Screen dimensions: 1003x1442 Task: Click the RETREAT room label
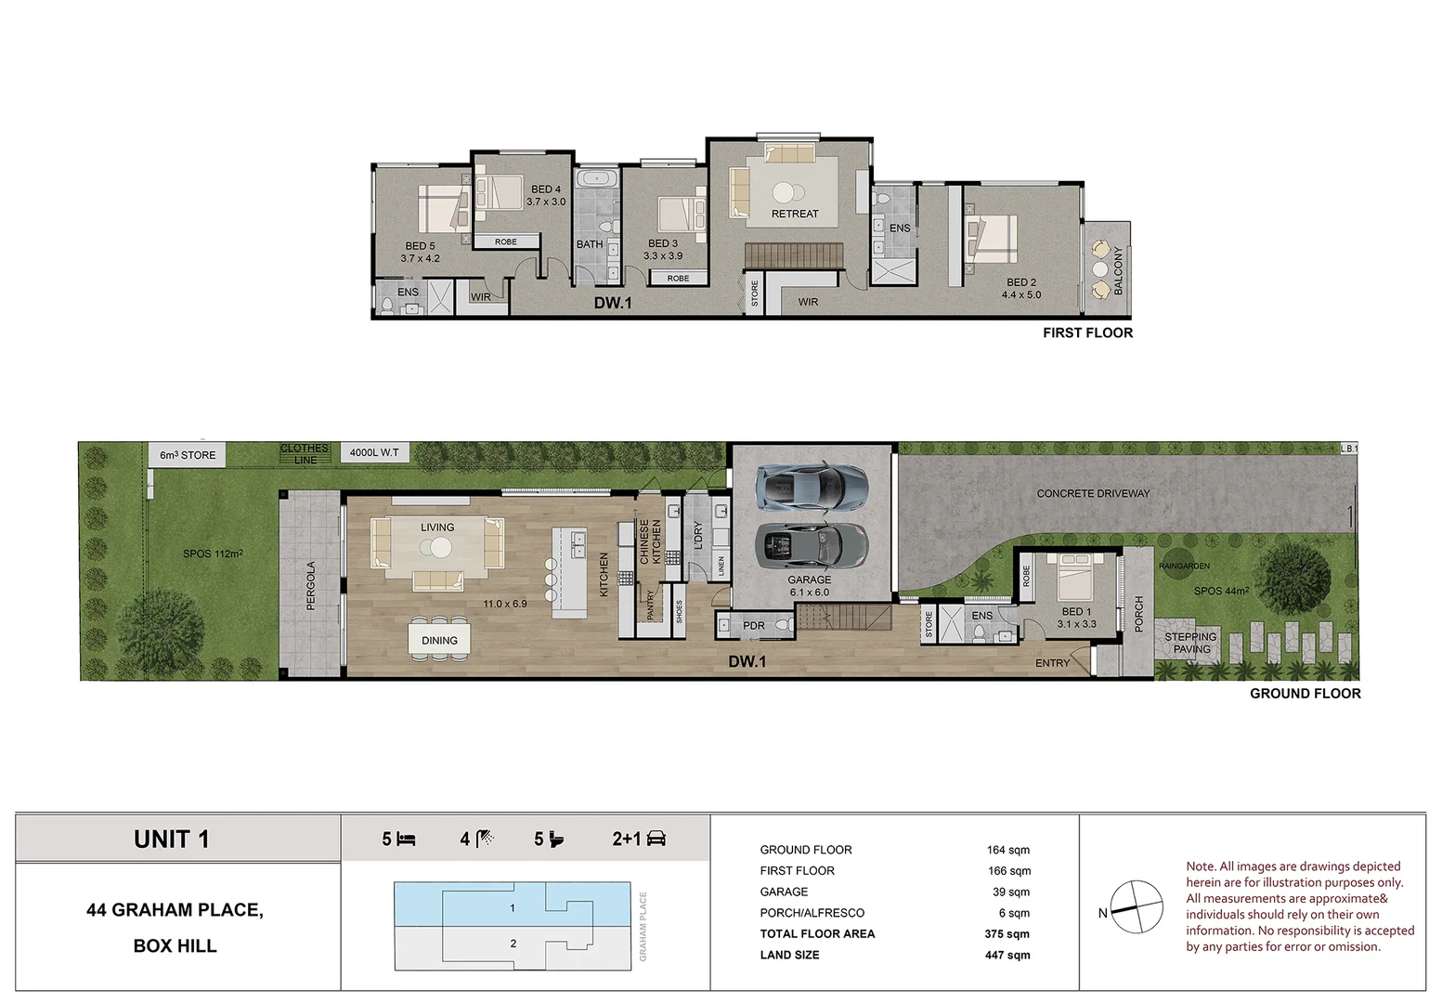795,214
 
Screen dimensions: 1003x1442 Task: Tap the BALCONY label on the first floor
1118,271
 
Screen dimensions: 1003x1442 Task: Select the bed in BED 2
992,241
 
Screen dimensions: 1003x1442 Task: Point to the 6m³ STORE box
188,455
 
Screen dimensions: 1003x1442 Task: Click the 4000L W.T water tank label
374,453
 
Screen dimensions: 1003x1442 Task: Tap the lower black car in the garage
812,544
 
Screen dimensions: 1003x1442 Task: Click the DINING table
439,640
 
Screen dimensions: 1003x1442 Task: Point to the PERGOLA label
311,585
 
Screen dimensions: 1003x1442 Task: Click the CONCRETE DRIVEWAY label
1093,493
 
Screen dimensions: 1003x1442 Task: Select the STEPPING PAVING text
1190,643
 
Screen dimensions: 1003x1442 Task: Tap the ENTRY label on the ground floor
1052,663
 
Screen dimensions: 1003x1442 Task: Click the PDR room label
754,626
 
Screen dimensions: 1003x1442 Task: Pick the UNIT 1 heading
172,840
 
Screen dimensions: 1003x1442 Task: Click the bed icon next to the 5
406,840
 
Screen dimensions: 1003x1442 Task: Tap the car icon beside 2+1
656,839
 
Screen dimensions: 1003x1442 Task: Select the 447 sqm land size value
1007,955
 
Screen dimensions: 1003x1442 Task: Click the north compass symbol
1136,907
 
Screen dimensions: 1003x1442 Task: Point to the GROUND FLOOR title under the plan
1305,694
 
